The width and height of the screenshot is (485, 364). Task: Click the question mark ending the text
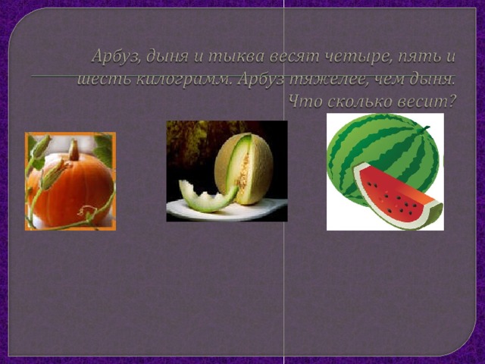[x=452, y=102]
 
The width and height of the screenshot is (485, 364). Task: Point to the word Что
[x=305, y=102]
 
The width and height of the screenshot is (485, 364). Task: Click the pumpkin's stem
[x=74, y=150]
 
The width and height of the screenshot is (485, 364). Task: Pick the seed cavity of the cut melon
[x=242, y=172]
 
